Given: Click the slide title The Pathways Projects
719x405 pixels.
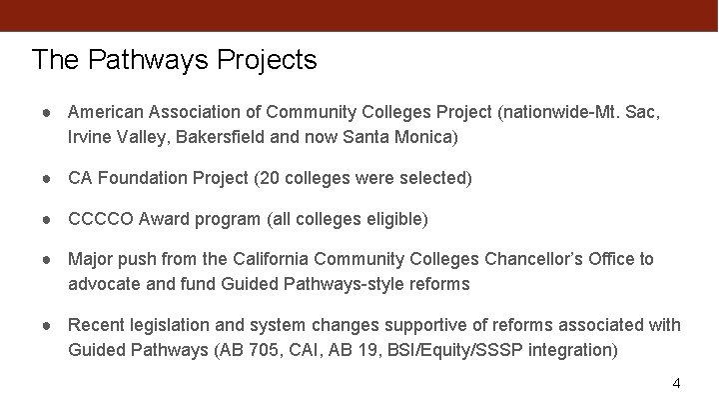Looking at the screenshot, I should [174, 60].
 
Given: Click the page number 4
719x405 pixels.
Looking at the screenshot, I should [676, 384].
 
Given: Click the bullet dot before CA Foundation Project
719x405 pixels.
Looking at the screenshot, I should [49, 178].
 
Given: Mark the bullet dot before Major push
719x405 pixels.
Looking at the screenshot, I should [49, 259].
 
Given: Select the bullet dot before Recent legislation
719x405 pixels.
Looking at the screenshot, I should [49, 326].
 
